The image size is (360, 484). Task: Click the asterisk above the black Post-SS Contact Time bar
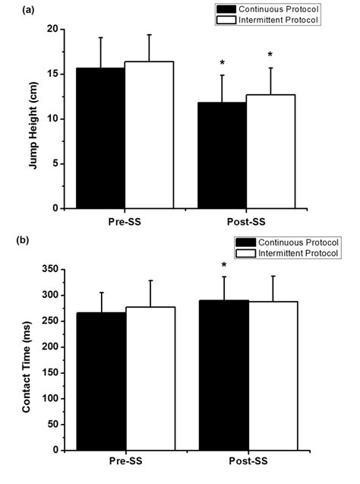pos(223,265)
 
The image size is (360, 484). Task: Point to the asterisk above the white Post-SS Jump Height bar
pos(270,55)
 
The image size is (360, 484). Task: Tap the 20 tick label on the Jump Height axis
pos(52,29)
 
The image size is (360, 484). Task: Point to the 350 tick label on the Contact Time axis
pos(50,269)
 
